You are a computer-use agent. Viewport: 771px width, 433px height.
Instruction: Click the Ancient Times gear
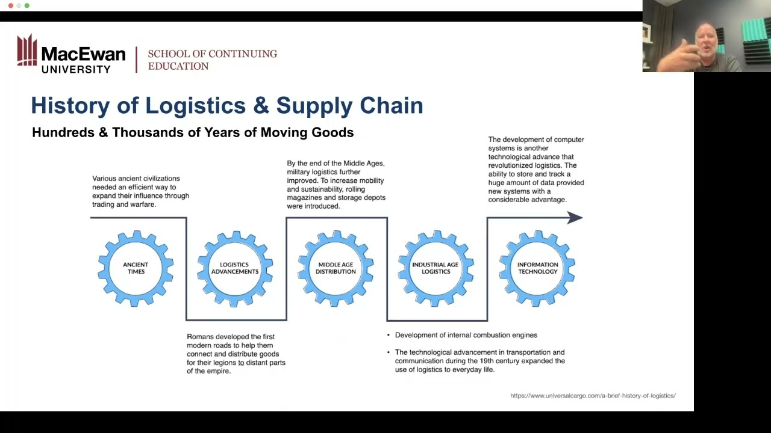[136, 268]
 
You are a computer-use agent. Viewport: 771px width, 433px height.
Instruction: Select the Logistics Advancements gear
[235, 268]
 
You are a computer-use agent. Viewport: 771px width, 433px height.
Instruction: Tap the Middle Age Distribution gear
[336, 268]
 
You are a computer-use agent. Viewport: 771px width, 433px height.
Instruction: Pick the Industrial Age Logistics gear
[435, 268]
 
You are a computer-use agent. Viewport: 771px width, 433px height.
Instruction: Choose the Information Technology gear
[537, 268]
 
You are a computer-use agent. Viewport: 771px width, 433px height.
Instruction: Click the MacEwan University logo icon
[27, 51]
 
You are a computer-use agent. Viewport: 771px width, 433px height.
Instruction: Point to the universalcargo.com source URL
[593, 396]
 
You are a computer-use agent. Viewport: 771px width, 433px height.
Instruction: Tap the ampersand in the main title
[261, 105]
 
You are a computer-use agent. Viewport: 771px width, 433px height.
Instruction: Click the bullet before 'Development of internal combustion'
[388, 336]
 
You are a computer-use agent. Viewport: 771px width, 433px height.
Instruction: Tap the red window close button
[10, 5]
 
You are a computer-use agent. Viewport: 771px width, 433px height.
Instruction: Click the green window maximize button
[27, 5]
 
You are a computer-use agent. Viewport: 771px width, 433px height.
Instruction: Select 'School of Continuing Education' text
[212, 60]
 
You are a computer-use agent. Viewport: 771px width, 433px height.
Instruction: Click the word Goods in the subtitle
[332, 132]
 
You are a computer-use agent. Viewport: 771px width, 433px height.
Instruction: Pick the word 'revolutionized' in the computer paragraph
[511, 165]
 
